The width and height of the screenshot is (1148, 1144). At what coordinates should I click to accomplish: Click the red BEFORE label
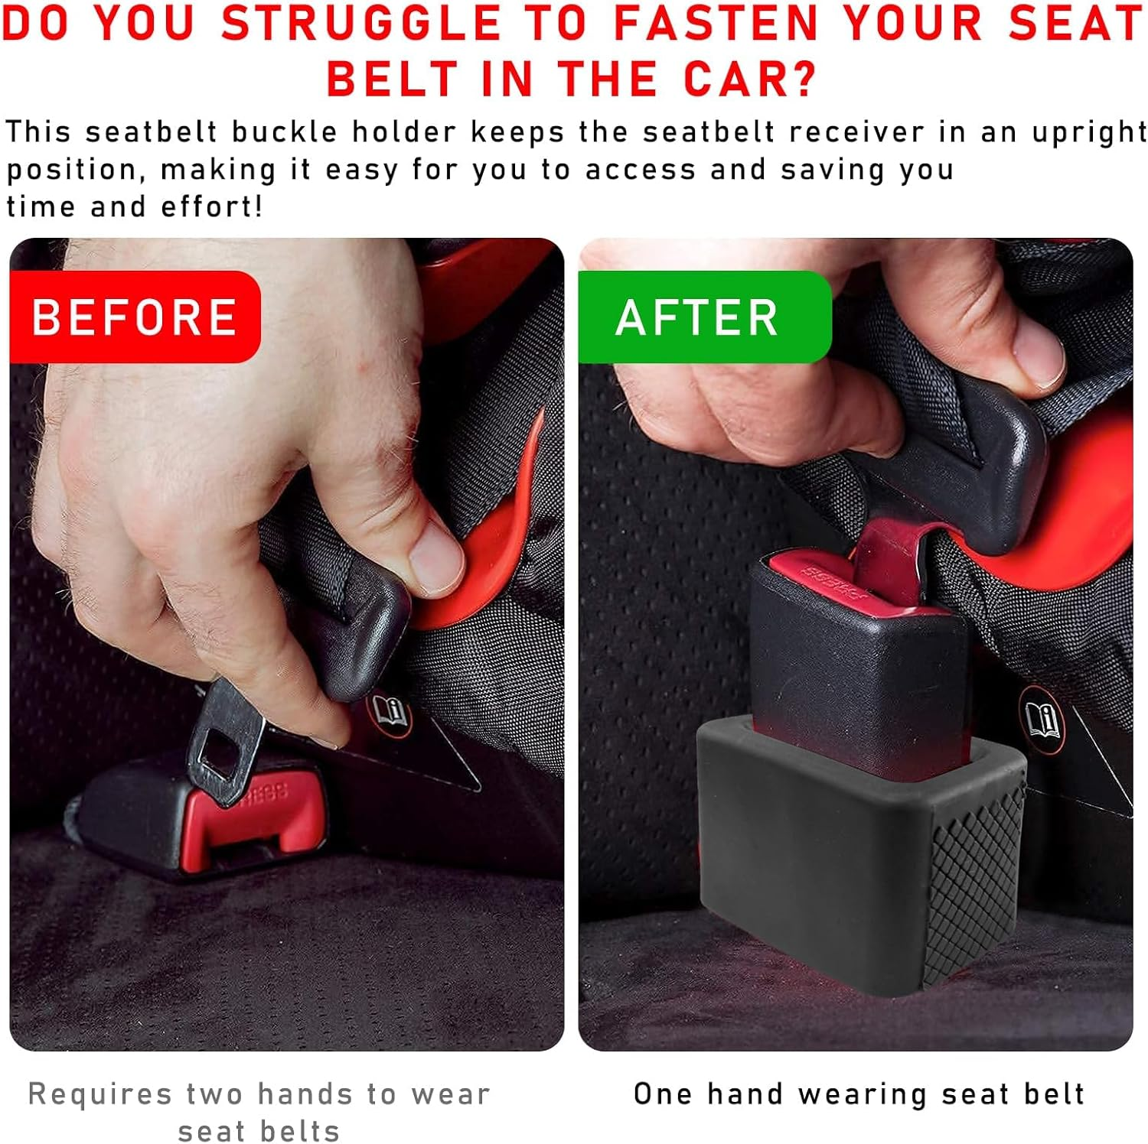(135, 317)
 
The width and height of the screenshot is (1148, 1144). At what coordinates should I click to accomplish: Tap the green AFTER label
(698, 317)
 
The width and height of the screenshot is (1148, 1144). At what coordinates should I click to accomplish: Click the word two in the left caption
(210, 1094)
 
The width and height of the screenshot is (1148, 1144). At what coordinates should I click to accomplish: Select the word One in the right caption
(662, 1094)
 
